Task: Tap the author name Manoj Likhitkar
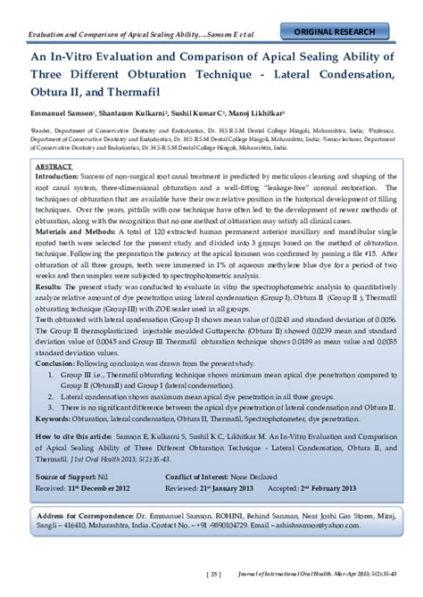(x=276, y=114)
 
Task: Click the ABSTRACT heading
(x=56, y=167)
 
